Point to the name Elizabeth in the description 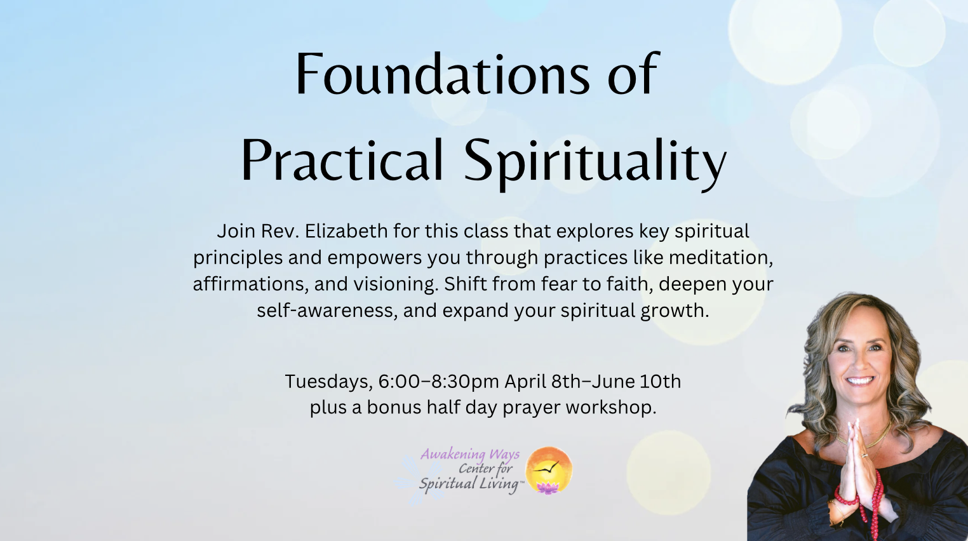pyautogui.click(x=346, y=230)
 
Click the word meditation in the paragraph pyautogui.click(x=721, y=258)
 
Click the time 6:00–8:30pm pyautogui.click(x=439, y=382)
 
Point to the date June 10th pyautogui.click(x=636, y=381)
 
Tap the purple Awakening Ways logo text pyautogui.click(x=470, y=455)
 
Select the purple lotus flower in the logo pyautogui.click(x=548, y=488)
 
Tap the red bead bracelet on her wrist pyautogui.click(x=845, y=497)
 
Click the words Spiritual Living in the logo pyautogui.click(x=469, y=484)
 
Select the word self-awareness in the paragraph pyautogui.click(x=327, y=311)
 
